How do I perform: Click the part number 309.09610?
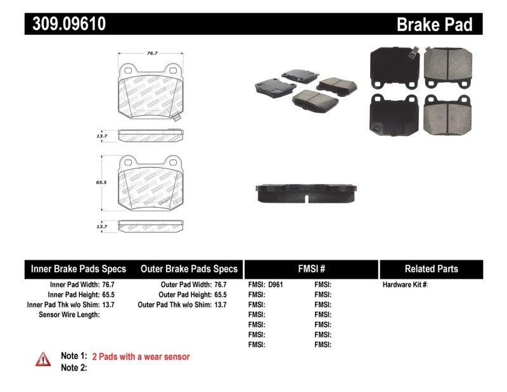tap(66, 24)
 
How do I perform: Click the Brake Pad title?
tap(434, 25)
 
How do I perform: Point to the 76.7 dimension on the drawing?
tap(152, 54)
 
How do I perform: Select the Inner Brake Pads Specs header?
tap(79, 269)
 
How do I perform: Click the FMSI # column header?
tap(311, 269)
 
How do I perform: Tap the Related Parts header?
tap(431, 269)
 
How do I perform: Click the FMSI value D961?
tap(276, 285)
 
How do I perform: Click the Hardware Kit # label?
tap(405, 285)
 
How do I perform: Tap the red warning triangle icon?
tap(42, 359)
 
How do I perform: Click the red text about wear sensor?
tap(141, 357)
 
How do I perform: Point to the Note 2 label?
tap(74, 367)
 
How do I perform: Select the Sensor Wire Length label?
tap(69, 315)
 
